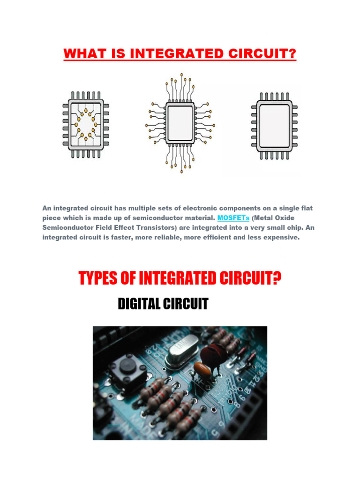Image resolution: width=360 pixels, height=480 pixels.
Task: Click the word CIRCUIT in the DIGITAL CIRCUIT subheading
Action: [x=187, y=304]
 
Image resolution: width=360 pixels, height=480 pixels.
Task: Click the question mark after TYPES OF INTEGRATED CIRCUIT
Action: [x=277, y=280]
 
